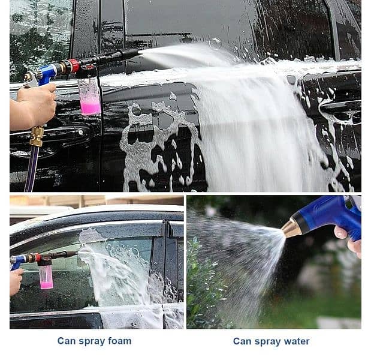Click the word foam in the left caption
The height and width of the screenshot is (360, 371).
119,341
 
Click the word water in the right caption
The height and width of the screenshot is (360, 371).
297,341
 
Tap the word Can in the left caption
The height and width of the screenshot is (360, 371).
67,341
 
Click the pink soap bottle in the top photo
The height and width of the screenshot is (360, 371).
89,97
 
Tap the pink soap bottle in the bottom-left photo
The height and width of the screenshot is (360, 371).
46,276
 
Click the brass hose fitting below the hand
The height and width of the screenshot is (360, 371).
37,136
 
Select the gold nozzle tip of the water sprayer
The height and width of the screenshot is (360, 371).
291,228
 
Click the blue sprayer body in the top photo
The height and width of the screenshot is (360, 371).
47,74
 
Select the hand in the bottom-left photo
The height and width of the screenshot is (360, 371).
16,281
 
